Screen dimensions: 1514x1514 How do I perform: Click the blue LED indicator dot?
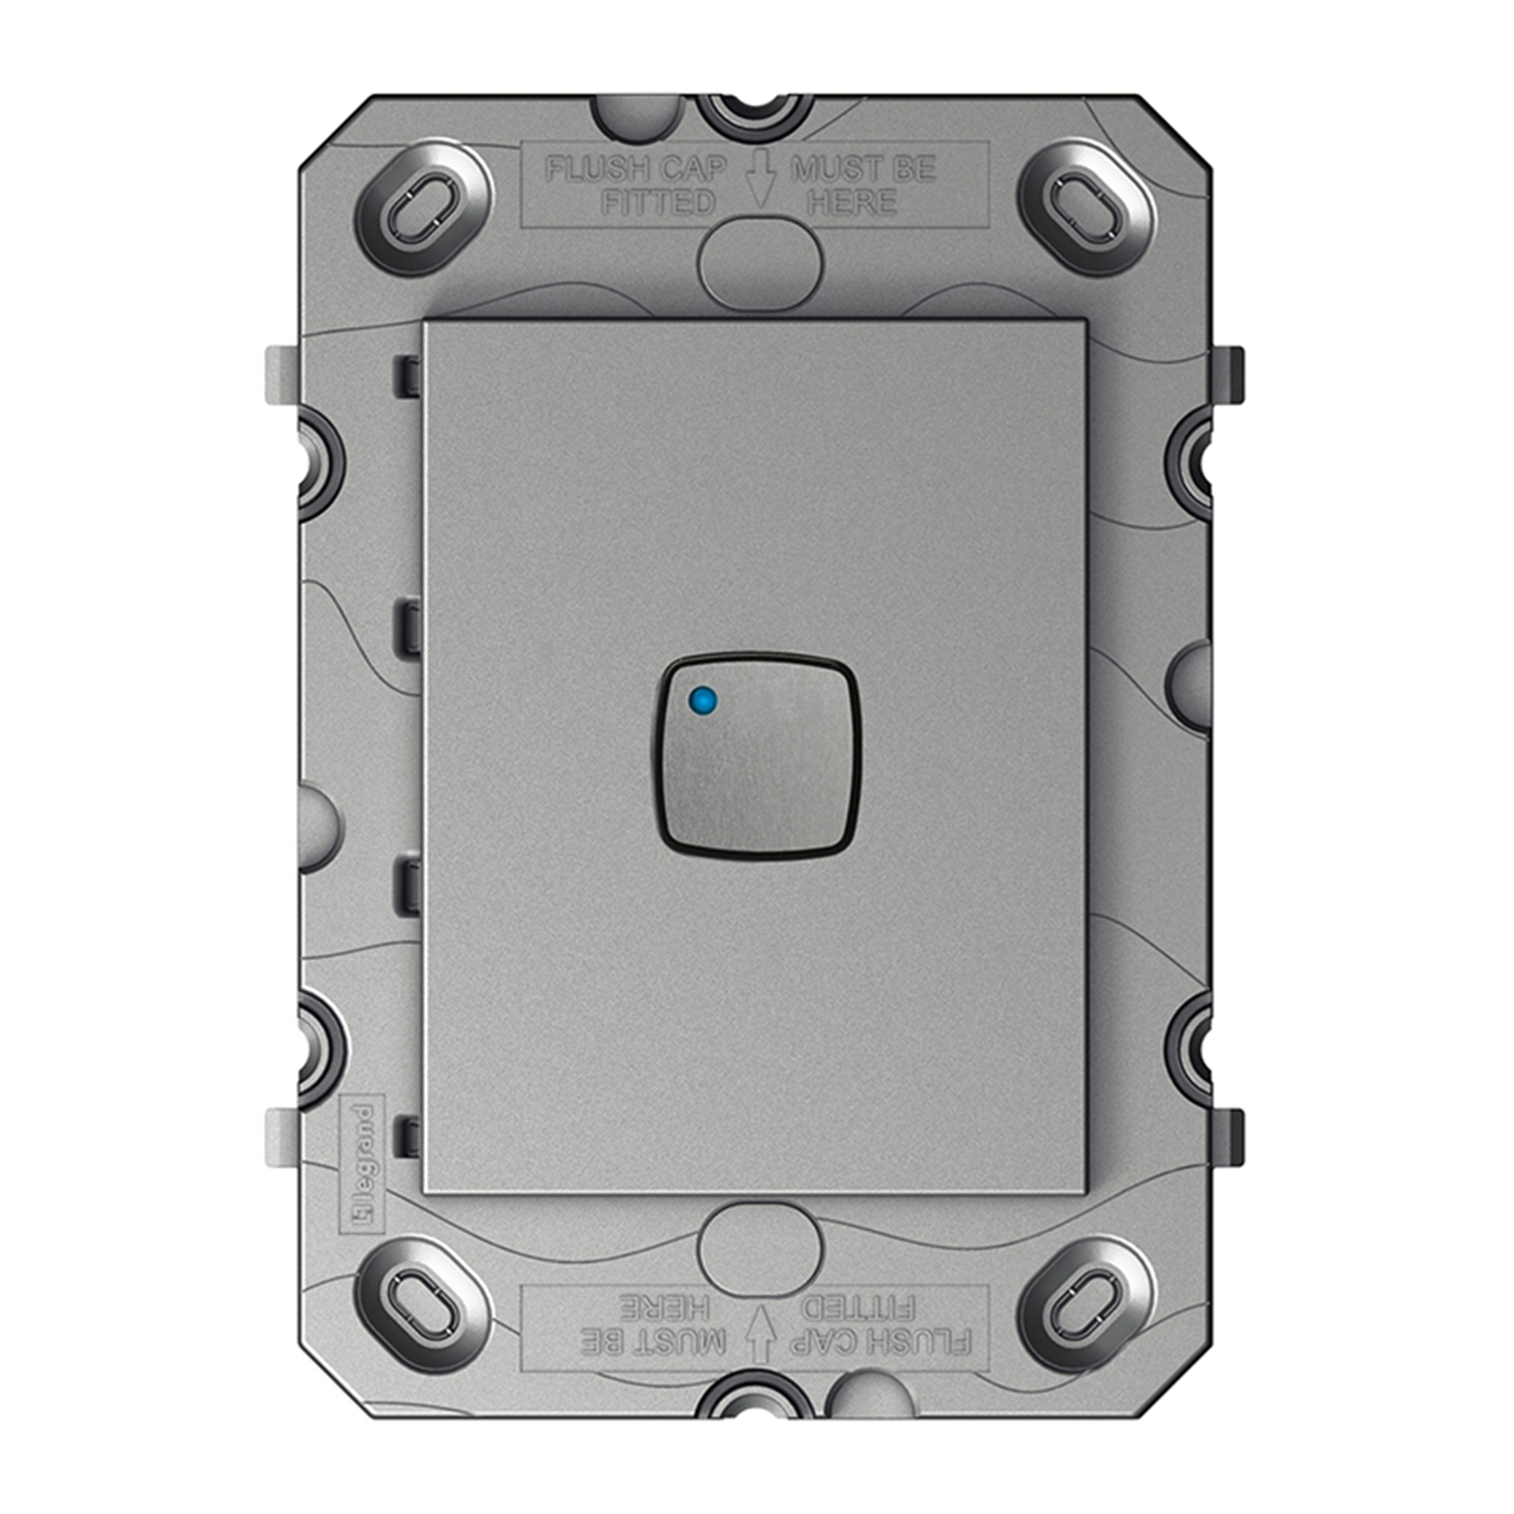703,701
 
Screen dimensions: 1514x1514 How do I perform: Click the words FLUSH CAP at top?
637,169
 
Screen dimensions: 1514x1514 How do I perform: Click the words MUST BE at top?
862,169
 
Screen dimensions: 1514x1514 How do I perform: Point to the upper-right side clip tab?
1230,375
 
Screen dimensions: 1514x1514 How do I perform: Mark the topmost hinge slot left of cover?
408,376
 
